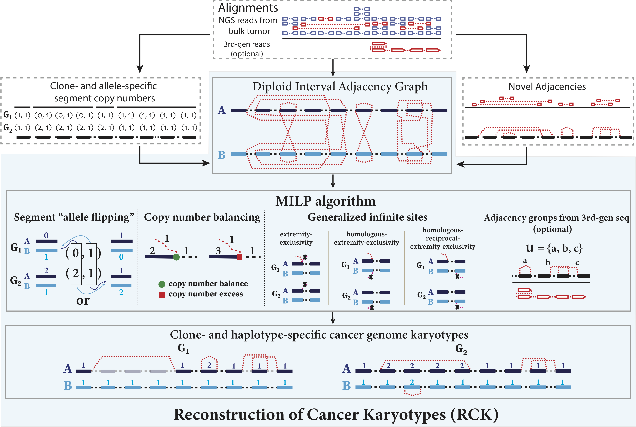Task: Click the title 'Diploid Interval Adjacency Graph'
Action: (340, 87)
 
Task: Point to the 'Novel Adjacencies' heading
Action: (547, 87)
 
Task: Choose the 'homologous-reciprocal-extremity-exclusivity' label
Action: (443, 238)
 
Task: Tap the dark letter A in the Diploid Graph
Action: (221, 110)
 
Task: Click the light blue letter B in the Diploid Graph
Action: (221, 155)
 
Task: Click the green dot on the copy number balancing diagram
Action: (176, 257)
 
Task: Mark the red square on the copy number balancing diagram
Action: (239, 257)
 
